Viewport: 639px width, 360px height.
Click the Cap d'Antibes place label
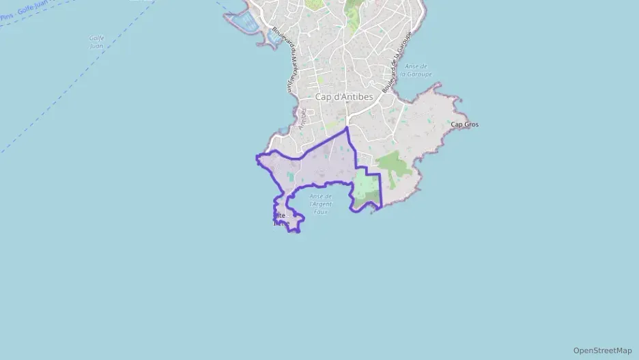pos(344,97)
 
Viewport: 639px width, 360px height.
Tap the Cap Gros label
pos(464,124)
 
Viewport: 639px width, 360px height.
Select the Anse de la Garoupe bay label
pos(416,70)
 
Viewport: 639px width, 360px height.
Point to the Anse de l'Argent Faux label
pos(320,204)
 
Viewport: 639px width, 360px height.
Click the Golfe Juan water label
pos(96,42)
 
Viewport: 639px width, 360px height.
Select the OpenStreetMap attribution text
pos(602,350)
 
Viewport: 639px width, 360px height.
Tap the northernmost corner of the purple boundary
pos(347,128)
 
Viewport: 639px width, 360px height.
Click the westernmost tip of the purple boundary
pos(257,158)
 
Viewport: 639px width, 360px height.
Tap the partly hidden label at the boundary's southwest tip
pos(281,219)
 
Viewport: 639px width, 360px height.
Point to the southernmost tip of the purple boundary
pos(296,232)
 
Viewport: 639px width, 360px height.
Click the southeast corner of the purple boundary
pos(380,205)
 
